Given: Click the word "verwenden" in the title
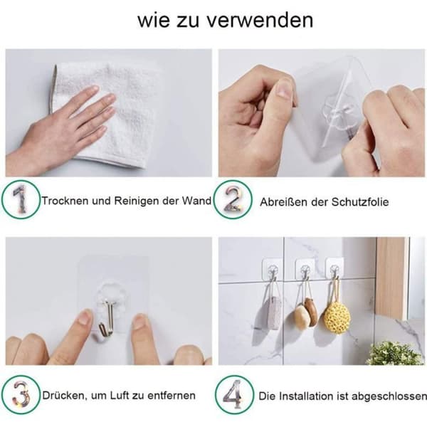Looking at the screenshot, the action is click(260, 21).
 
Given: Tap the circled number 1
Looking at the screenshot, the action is click(21, 199).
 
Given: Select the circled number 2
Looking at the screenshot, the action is click(233, 199).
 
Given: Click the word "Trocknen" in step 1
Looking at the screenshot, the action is click(65, 201).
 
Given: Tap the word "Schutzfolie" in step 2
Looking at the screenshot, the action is click(359, 202).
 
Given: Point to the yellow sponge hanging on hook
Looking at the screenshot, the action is click(337, 316).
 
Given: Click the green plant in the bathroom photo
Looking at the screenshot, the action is click(394, 352).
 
